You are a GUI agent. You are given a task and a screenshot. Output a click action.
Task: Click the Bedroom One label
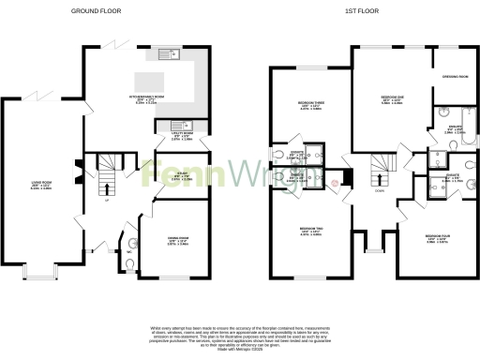(392, 99)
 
